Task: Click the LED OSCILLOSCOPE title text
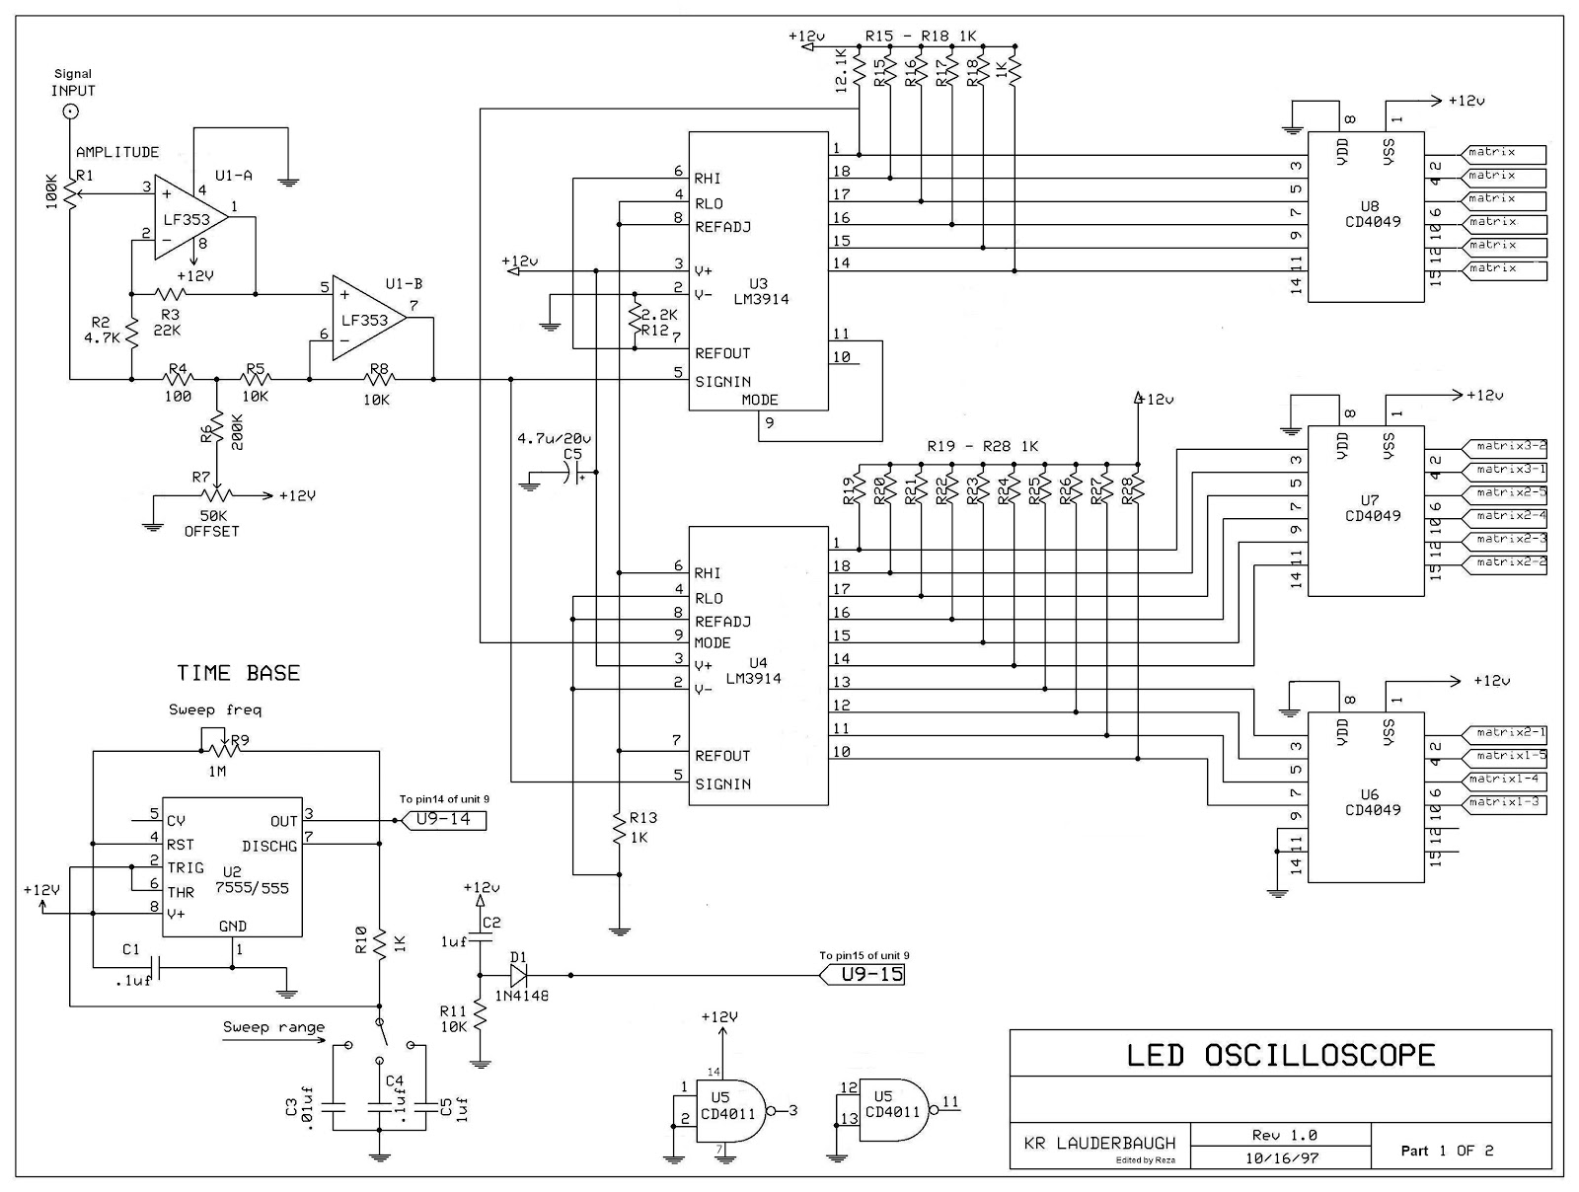point(1280,1055)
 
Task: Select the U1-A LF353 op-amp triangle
point(188,220)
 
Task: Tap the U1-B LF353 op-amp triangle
point(366,319)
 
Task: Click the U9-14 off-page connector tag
point(440,819)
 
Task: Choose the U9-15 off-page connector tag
point(862,975)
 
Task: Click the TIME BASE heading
point(238,673)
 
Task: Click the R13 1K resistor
point(618,828)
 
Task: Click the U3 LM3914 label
point(761,291)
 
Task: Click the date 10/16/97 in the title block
point(1282,1158)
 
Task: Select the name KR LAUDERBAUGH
point(1099,1143)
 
